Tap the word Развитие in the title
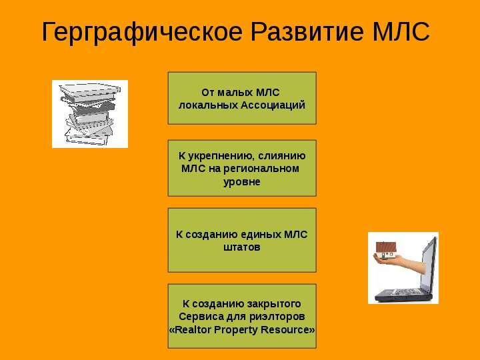pos(307,31)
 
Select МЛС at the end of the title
pos(401,32)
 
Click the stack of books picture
pos(90,114)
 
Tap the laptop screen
pos(429,263)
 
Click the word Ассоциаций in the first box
pos(273,105)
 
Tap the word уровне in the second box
pos(242,181)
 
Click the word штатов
pos(242,247)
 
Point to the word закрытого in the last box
pos(274,304)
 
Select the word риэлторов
pos(277,317)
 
